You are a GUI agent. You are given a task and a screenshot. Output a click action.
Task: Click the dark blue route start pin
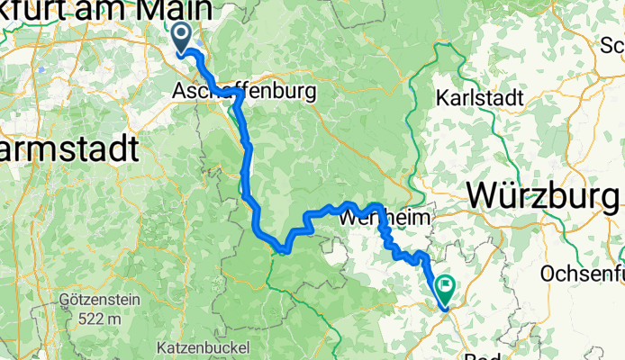point(181,38)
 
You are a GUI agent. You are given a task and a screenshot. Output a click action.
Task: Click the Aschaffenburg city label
point(244,92)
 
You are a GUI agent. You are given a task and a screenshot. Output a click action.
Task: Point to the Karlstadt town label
point(476,96)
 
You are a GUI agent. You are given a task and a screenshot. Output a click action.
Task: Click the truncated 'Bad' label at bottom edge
point(483,355)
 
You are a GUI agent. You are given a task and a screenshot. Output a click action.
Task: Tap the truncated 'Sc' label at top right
point(612,43)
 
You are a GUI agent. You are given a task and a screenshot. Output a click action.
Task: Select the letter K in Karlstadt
point(441,96)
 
